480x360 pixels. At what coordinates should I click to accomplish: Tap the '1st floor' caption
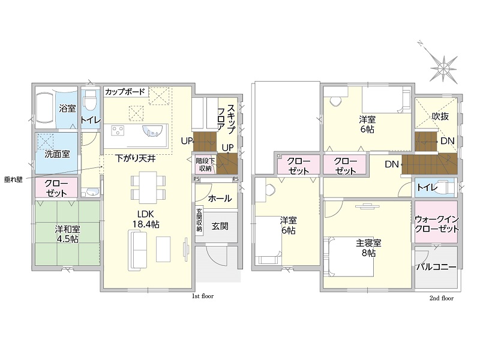(203, 296)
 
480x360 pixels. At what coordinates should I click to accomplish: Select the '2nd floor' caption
(442, 298)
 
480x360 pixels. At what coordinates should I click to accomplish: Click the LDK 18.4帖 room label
(146, 219)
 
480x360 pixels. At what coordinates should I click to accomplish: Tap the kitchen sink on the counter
(153, 131)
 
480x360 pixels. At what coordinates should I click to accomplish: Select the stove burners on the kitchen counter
(118, 131)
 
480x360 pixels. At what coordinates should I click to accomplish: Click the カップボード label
(125, 92)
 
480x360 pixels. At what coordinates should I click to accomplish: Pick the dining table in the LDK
(148, 187)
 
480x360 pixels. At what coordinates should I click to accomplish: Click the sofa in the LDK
(137, 250)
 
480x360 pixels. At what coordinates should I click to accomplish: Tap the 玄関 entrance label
(220, 227)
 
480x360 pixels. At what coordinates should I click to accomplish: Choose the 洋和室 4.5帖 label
(67, 234)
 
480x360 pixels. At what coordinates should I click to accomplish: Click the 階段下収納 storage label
(205, 164)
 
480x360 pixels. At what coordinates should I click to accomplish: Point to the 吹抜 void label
(440, 116)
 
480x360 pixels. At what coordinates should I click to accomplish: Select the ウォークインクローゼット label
(437, 224)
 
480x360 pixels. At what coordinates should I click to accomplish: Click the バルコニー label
(436, 267)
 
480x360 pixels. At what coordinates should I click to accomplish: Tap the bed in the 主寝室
(349, 257)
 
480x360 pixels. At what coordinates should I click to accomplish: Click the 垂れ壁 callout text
(13, 179)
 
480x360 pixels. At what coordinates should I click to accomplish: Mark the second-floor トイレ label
(427, 187)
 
